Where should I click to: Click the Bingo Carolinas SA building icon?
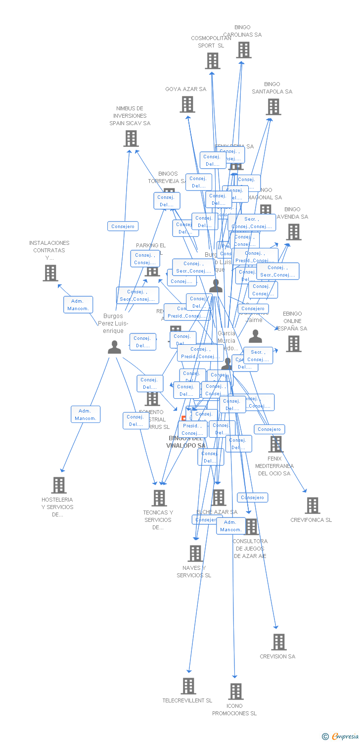point(243,50)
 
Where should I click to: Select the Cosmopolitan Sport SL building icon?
point(212,61)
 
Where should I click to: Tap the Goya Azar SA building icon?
point(187,104)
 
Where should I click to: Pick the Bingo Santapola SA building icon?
point(273,107)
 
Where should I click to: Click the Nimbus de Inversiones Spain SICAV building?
point(131,139)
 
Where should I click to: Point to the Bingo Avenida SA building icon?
point(293,232)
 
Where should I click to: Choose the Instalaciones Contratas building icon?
point(50,273)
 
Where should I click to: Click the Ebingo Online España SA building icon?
point(293,343)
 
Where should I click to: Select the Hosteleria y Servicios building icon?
point(59,485)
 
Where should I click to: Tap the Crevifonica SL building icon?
point(313,506)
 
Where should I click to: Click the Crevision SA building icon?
point(278,642)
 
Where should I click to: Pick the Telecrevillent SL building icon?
point(188,686)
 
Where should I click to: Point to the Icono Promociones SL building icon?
point(235,691)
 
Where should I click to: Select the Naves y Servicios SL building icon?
point(195,554)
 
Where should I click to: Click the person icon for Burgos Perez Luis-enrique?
point(114,347)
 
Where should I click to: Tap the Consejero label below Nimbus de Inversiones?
point(123,226)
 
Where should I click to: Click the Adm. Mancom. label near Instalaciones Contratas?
point(78,305)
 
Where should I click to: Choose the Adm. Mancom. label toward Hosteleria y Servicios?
point(86,415)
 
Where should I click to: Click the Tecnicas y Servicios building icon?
point(159,498)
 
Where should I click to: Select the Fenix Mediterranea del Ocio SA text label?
point(274,466)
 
